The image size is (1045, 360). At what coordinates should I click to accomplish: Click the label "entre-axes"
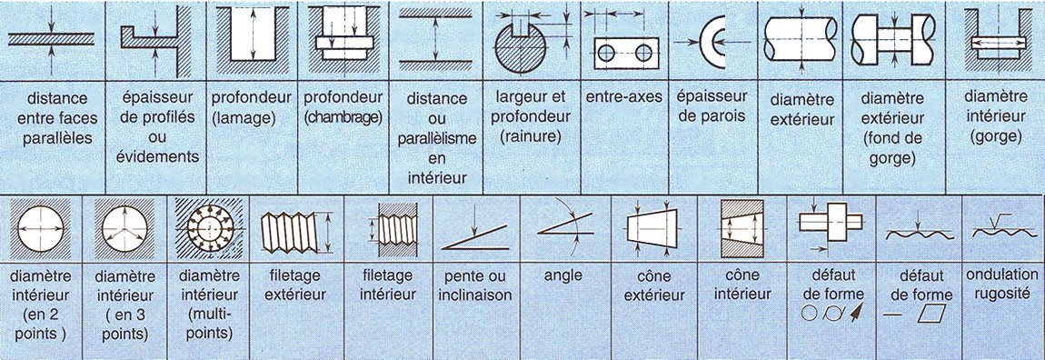coord(624,97)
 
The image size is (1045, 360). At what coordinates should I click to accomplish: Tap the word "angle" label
coord(562,275)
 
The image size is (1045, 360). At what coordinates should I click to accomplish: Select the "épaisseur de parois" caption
coord(712,106)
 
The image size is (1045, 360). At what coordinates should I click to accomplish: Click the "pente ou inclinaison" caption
coord(475,285)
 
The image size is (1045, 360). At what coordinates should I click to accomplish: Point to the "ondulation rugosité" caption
coord(1001,284)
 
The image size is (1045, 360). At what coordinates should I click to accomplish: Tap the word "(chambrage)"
coord(343,116)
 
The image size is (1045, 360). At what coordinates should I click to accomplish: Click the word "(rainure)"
coord(531,137)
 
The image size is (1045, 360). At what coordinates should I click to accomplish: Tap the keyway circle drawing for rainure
coord(521,47)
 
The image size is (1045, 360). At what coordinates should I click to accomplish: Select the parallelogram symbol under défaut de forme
coord(931,313)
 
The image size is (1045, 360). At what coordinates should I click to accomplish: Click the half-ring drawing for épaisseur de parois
coord(706,41)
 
